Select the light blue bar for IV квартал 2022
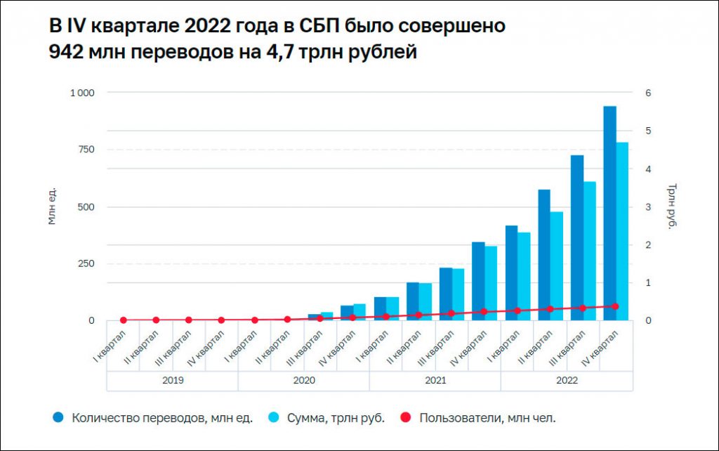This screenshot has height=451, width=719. [x=622, y=232]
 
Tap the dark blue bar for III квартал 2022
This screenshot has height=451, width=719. [x=576, y=239]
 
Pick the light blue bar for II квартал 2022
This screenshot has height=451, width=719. [x=557, y=267]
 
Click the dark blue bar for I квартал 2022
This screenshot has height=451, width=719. [x=511, y=274]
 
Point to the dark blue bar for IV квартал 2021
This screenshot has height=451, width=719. [x=478, y=281]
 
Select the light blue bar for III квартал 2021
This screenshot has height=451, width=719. [x=459, y=295]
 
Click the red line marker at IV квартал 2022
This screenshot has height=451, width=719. [x=616, y=306]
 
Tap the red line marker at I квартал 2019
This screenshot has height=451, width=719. [x=124, y=320]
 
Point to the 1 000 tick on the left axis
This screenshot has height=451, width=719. [x=82, y=93]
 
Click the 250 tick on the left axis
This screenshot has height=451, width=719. [x=86, y=263]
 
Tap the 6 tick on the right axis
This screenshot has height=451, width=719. [x=649, y=93]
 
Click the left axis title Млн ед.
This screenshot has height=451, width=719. [x=52, y=207]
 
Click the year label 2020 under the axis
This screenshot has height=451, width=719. [x=303, y=381]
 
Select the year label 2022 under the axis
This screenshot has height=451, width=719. [x=566, y=381]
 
